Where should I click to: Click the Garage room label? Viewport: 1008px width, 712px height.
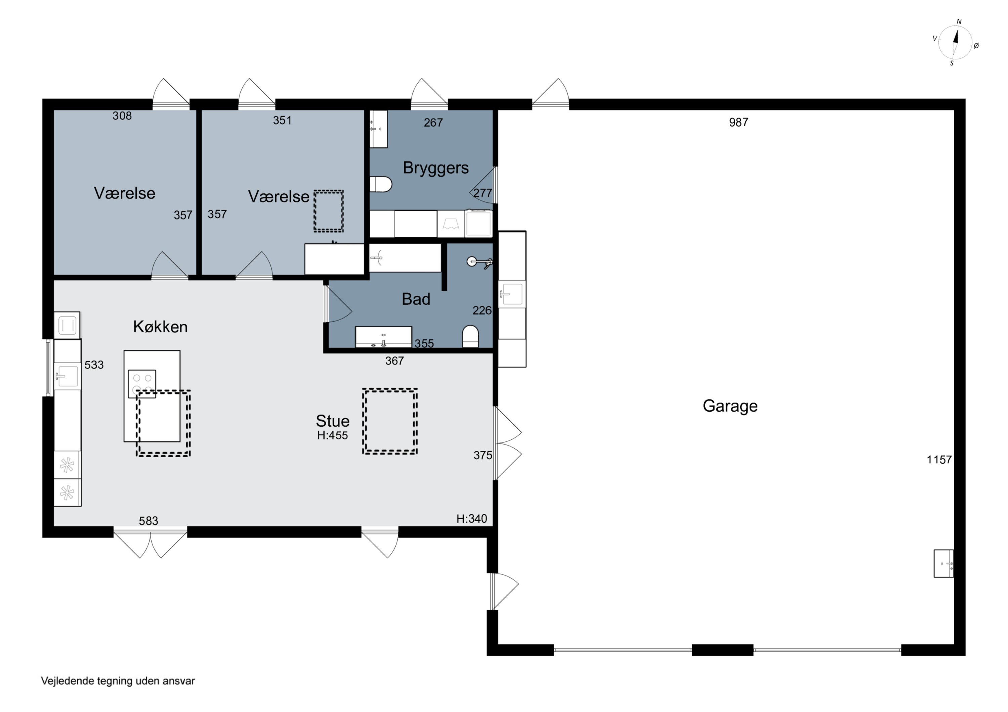pos(730,406)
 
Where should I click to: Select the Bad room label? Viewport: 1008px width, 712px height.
pos(416,299)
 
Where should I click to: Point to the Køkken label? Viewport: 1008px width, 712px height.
pos(160,327)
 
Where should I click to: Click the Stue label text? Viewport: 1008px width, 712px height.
pos(333,421)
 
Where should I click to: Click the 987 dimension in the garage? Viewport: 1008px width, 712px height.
pos(739,123)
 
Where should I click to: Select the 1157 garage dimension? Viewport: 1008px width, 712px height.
pos(939,460)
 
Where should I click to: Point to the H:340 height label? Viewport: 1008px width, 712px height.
pos(471,519)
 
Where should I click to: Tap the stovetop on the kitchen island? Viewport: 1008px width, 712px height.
pos(142,384)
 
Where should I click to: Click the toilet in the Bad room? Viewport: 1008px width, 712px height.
pos(470,336)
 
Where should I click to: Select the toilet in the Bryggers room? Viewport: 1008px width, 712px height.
pos(380,184)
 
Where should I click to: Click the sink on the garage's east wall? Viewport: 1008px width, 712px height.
pos(943,563)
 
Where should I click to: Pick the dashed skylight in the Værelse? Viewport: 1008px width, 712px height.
pos(328,211)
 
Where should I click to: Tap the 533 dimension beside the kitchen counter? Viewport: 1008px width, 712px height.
pos(94,365)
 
